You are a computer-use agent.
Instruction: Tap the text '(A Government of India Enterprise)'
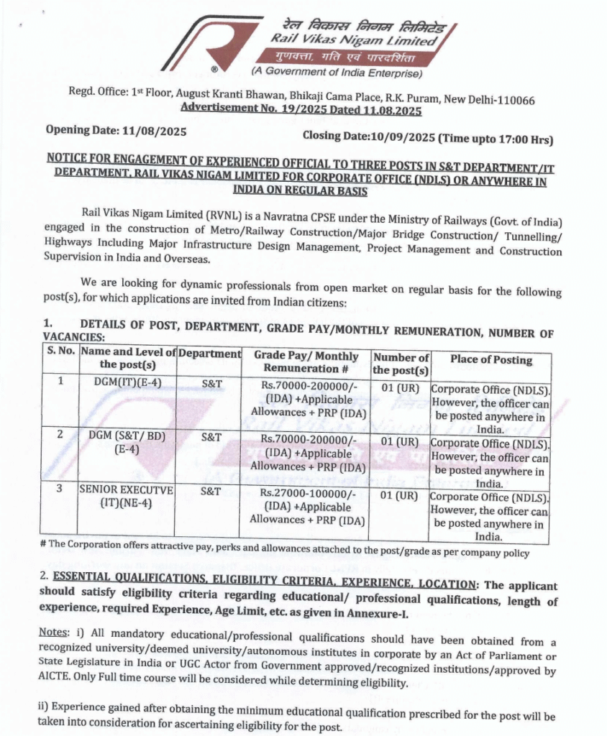pos(336,72)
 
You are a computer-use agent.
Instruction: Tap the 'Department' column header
pos(209,354)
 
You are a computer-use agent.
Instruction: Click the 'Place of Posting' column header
pos(491,359)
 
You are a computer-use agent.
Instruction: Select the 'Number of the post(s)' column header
pos(401,364)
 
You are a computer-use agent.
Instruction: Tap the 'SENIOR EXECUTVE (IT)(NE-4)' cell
pos(127,496)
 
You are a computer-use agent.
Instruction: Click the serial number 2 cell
pos(60,435)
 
